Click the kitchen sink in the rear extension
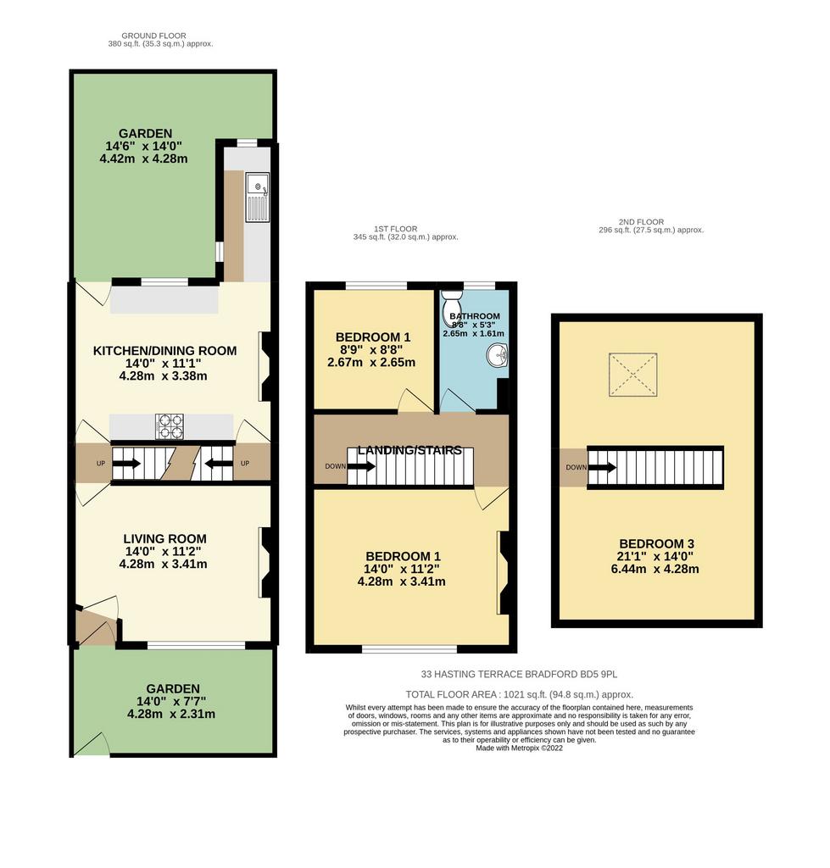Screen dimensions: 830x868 coord(258,197)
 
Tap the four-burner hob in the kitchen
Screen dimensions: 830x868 coord(170,427)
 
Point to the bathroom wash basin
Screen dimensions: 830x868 coord(498,355)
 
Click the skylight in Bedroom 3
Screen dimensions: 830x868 coord(632,375)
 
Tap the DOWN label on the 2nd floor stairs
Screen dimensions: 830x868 coord(576,468)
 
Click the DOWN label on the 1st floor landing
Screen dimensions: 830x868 coord(335,467)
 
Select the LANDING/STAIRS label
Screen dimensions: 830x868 coord(409,451)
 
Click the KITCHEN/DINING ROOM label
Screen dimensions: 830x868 coord(165,351)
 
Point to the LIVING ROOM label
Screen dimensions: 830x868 coord(165,538)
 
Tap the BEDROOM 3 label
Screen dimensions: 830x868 coord(657,544)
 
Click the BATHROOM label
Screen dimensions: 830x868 coord(475,316)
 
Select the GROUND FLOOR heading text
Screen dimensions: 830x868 coord(154,36)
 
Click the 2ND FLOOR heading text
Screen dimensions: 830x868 coord(641,222)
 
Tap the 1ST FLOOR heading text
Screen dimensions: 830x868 coord(395,229)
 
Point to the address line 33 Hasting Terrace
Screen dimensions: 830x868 coord(519,674)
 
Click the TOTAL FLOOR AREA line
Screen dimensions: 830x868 coord(520,695)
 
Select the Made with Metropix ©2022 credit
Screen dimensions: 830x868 coord(520,748)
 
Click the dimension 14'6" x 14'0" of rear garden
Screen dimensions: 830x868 coord(144,146)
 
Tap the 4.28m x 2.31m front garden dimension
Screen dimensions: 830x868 coord(171,714)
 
